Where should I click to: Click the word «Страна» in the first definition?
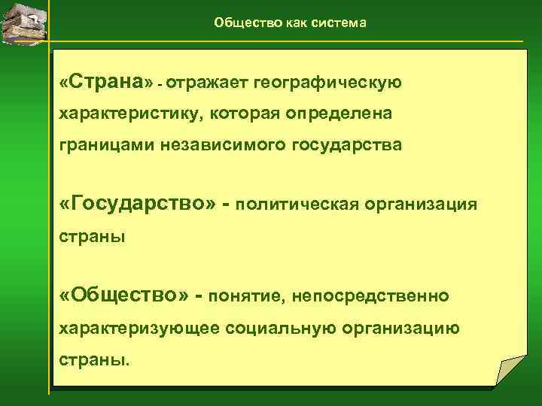(105, 81)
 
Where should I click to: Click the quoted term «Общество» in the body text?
(124, 297)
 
